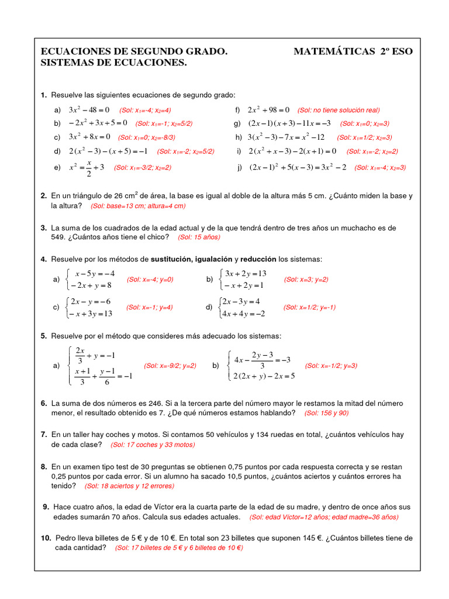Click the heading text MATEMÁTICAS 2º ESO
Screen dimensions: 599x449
click(x=353, y=51)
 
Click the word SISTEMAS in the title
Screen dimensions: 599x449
click(x=66, y=63)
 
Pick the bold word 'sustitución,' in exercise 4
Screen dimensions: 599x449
click(x=175, y=259)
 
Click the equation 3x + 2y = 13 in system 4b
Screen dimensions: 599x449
click(x=246, y=274)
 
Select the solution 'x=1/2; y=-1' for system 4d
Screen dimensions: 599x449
click(x=309, y=308)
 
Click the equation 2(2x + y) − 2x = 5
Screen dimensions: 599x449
click(x=264, y=376)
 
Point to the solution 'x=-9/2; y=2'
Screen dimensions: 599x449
click(x=170, y=366)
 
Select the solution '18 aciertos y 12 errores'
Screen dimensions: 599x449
click(x=129, y=486)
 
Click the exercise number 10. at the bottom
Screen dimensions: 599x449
click(x=46, y=538)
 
